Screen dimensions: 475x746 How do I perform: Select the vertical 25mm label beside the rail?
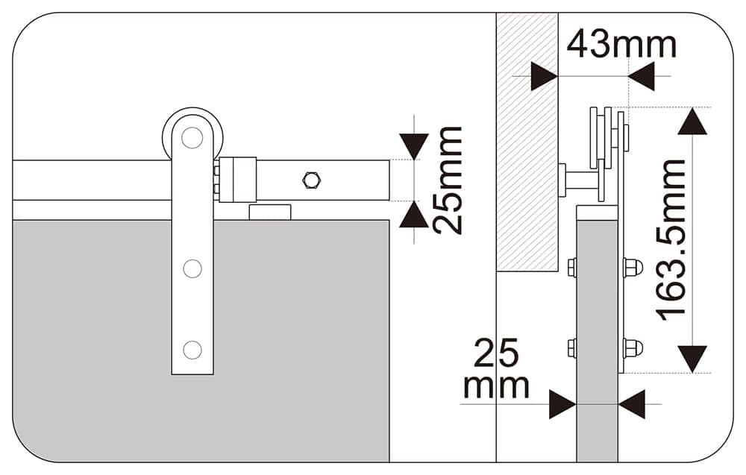coord(448,180)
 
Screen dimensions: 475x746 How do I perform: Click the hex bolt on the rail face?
coord(310,180)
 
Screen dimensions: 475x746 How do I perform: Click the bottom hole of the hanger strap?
coord(192,349)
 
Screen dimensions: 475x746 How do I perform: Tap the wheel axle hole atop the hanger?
coord(192,137)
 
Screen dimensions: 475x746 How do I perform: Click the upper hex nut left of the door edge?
coord(572,267)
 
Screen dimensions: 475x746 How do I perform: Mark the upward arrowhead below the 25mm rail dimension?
coord(414,216)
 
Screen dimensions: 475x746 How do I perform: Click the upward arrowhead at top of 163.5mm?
coord(692,122)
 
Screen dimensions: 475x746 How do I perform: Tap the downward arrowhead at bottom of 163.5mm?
coord(692,359)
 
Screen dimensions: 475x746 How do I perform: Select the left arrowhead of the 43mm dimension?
coord(544,76)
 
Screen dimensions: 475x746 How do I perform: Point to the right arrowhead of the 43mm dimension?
coord(642,76)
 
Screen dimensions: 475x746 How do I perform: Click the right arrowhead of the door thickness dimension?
coord(632,404)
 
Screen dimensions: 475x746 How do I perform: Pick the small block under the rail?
coord(269,213)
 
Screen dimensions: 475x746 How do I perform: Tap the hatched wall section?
coord(527,142)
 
